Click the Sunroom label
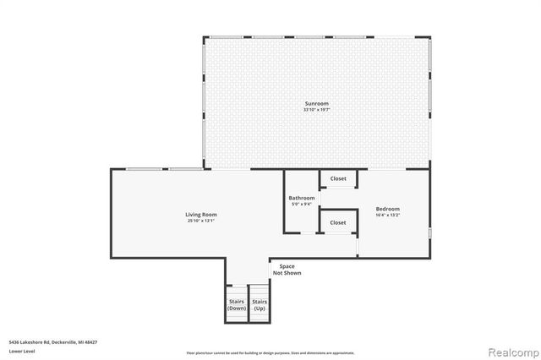(x=317, y=104)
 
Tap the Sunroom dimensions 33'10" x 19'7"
(x=317, y=110)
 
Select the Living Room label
(x=201, y=214)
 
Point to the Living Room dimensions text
(x=201, y=220)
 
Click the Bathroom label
(x=302, y=198)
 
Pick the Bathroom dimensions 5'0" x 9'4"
(x=302, y=204)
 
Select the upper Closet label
(x=338, y=178)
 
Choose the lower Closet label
(x=338, y=222)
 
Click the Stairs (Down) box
(x=237, y=304)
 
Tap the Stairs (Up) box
(x=260, y=304)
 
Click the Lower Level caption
(x=20, y=350)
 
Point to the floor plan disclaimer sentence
(x=271, y=352)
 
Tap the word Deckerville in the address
(x=62, y=341)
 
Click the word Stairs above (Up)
(x=260, y=302)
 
